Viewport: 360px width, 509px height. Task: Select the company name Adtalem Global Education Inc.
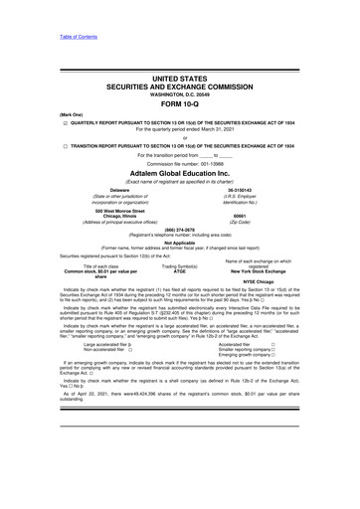[x=179, y=171]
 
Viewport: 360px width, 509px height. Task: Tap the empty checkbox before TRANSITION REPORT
[x=37, y=144]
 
